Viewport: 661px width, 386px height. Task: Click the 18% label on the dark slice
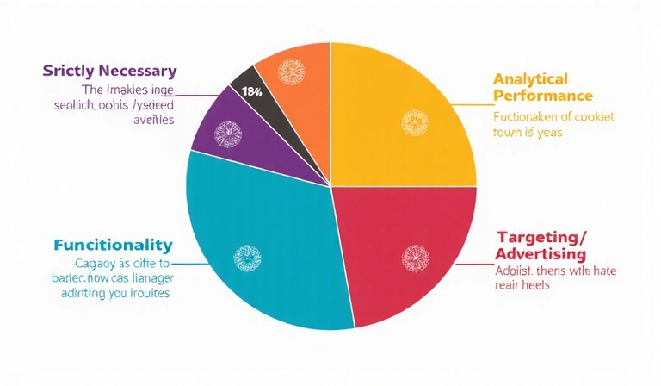point(251,91)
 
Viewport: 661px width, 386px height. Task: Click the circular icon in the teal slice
point(247,256)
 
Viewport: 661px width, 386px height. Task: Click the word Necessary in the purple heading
point(130,70)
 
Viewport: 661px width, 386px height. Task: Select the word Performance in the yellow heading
point(542,96)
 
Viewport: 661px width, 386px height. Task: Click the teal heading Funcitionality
point(112,245)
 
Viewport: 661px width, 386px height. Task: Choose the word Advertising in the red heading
point(541,254)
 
